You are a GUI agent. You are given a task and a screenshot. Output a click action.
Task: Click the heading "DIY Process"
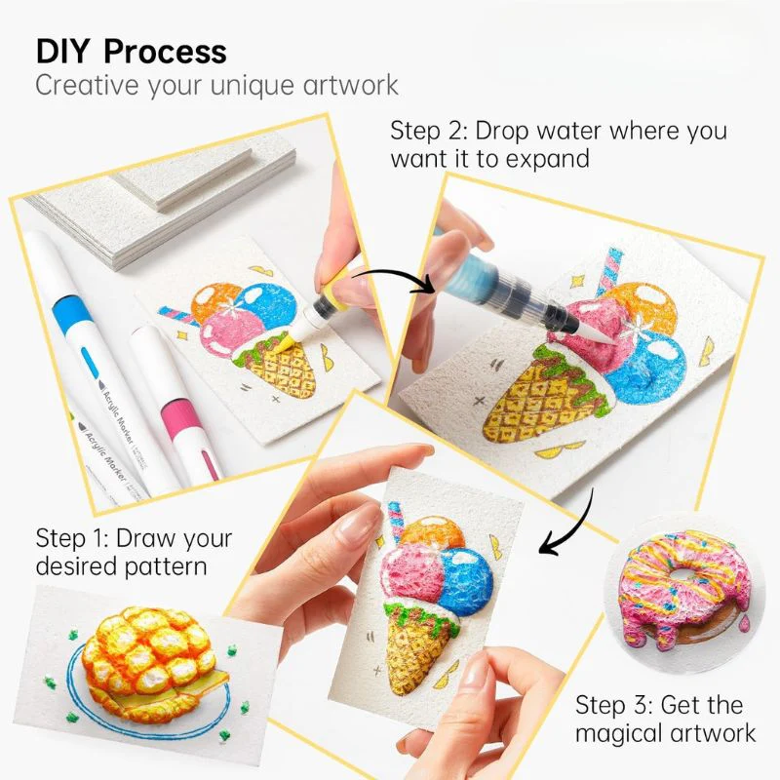pos(131,51)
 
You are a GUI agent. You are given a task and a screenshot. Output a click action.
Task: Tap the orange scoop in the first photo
pos(213,304)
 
